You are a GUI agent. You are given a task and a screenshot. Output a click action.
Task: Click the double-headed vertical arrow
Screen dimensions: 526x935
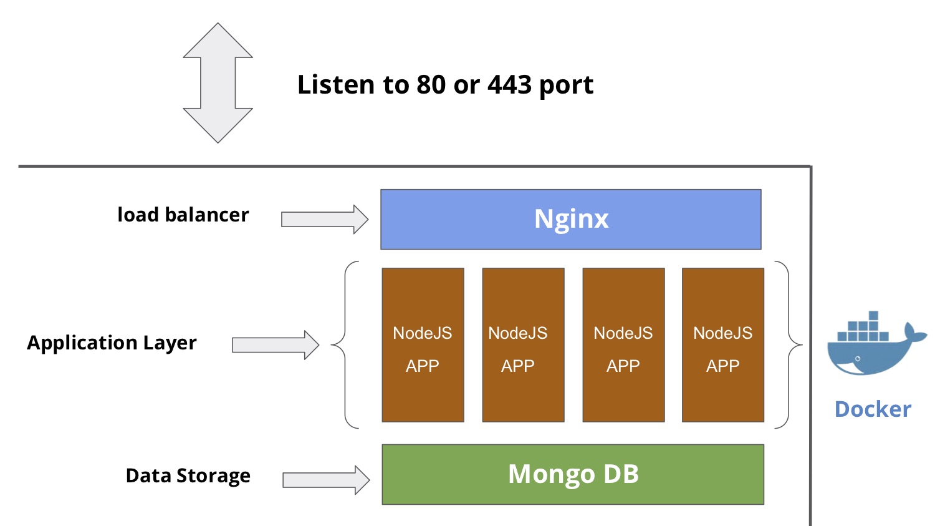[x=218, y=83]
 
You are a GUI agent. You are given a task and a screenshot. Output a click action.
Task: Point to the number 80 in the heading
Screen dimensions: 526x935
[x=431, y=85]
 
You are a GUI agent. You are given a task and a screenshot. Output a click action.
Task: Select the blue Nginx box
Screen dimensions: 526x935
[x=570, y=219]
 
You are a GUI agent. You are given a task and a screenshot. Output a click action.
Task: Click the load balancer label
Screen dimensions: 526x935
[x=183, y=215]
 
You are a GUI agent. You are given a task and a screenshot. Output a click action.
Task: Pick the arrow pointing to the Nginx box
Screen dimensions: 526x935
[x=325, y=219]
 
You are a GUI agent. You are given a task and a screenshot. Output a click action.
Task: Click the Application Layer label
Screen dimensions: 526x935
[x=112, y=343]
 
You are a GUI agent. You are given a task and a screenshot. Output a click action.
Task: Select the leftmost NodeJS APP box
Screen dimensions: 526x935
[x=423, y=345]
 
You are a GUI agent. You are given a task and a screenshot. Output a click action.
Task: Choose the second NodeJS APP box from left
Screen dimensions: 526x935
[x=523, y=345]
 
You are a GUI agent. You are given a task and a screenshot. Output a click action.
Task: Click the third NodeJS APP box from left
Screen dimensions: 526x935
[x=623, y=345]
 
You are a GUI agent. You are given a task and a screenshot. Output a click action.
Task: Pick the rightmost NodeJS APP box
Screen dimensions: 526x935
[x=723, y=345]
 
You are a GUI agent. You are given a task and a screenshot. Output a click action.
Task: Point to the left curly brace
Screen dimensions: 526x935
[x=345, y=344]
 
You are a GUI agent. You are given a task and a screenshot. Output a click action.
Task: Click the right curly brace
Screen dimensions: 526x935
[x=789, y=344]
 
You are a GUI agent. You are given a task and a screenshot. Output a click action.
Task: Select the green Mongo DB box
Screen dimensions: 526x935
[x=573, y=474]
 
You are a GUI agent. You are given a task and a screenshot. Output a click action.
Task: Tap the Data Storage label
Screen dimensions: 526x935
[x=188, y=475]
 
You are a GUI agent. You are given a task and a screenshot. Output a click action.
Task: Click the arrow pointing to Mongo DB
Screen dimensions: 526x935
[x=326, y=480]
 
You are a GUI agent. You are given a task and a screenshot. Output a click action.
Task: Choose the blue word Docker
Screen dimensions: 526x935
[x=873, y=409]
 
